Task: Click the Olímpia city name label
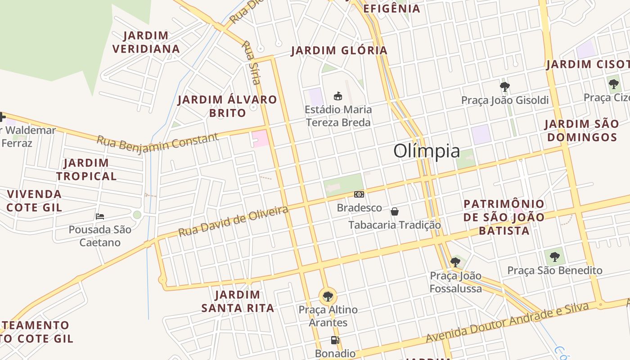[x=427, y=151]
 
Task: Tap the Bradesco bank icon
[x=359, y=194]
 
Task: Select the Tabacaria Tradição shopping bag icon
[x=395, y=211]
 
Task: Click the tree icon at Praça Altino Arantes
[x=328, y=297]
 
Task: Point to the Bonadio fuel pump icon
[x=335, y=340]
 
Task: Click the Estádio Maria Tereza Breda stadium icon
[x=338, y=96]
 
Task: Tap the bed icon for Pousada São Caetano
[x=100, y=216]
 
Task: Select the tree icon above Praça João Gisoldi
[x=505, y=86]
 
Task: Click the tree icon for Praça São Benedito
[x=555, y=257]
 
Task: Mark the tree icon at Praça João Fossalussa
[x=455, y=262]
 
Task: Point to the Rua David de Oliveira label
[x=233, y=221]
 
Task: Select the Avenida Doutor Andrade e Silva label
[x=508, y=323]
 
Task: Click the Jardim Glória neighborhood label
[x=339, y=50]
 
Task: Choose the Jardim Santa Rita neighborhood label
[x=238, y=301]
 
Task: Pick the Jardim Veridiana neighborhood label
[x=146, y=42]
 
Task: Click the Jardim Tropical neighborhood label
[x=86, y=169]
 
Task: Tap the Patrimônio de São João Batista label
[x=504, y=217]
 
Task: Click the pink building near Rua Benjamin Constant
[x=261, y=138]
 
